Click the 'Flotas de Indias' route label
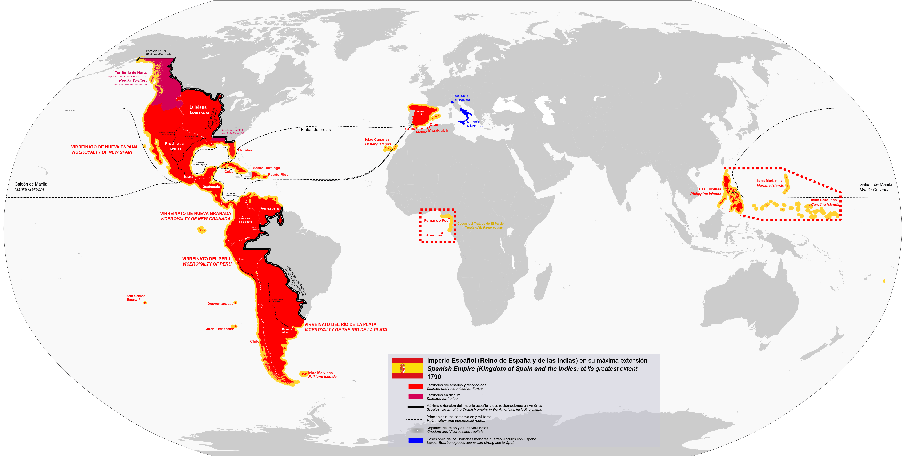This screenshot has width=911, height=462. pos(316,130)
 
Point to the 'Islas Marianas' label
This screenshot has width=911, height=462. pos(769,181)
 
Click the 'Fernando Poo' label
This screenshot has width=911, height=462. pos(436,220)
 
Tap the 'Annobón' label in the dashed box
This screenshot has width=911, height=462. pos(433,235)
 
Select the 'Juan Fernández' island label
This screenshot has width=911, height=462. pos(220,329)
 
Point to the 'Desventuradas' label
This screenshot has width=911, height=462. pos(220,303)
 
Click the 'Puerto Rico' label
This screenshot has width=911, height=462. pos(278,175)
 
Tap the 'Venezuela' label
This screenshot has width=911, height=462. pos(269,208)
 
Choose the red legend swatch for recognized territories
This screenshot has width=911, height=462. pos(415,386)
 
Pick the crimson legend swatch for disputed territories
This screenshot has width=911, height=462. pos(415,397)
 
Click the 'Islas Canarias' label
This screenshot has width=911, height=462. pos(377,139)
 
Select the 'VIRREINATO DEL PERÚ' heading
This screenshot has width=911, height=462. pos(206,259)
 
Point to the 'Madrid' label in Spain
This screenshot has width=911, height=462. pos(421,111)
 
